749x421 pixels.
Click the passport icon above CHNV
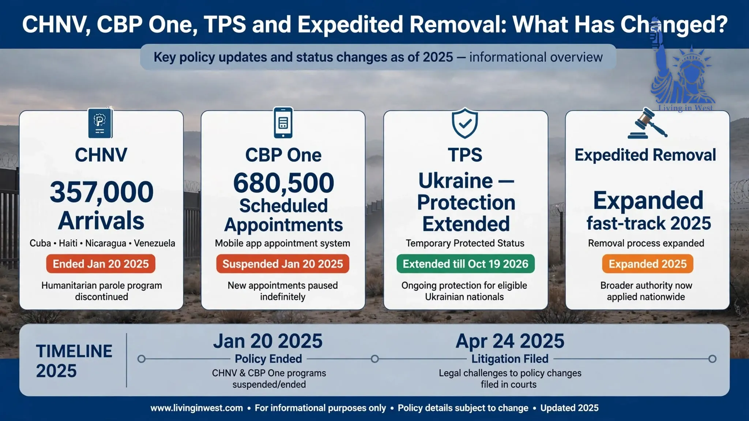pyautogui.click(x=100, y=123)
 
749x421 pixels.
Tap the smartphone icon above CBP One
pyautogui.click(x=283, y=123)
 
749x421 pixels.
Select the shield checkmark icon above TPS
pyautogui.click(x=465, y=123)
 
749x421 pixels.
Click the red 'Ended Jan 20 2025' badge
pyautogui.click(x=101, y=264)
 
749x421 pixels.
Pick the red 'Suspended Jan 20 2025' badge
pyautogui.click(x=283, y=264)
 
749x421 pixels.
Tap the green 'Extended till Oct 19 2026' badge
pyautogui.click(x=466, y=264)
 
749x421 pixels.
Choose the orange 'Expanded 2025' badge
pyautogui.click(x=648, y=264)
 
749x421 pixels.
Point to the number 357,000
pyautogui.click(x=102, y=192)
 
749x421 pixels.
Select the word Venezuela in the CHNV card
pyautogui.click(x=154, y=243)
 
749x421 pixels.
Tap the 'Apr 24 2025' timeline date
pyautogui.click(x=510, y=341)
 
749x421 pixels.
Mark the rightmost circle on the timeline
pyautogui.click(x=712, y=359)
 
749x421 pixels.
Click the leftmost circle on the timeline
pyautogui.click(x=142, y=359)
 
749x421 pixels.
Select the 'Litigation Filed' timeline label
pyautogui.click(x=510, y=359)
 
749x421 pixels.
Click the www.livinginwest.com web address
pyautogui.click(x=197, y=408)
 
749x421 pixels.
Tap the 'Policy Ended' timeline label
pyautogui.click(x=268, y=359)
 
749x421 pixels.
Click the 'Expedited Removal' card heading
pyautogui.click(x=646, y=155)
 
